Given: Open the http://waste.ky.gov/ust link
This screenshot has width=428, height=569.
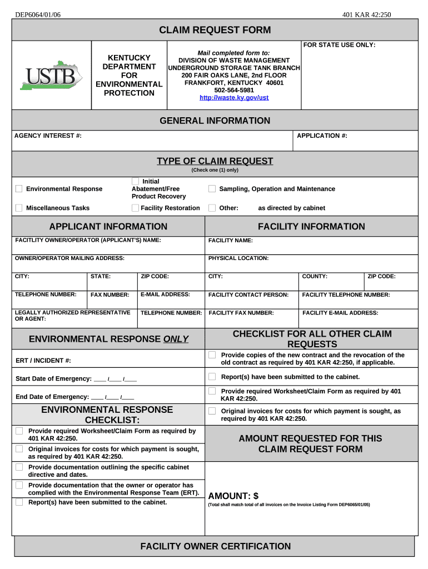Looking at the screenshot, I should (234, 98).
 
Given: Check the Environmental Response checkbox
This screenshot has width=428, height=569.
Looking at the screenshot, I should (19, 189).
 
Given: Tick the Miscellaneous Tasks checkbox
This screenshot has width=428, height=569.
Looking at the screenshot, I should (19, 208).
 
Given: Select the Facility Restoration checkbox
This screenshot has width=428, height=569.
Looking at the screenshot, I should (135, 208).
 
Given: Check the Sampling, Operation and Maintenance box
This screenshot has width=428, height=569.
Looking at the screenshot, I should (212, 189).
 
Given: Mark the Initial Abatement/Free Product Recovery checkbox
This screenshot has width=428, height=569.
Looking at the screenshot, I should (135, 181).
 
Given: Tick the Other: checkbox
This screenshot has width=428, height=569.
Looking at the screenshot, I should (212, 208).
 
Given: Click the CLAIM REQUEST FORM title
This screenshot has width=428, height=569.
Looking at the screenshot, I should (215, 30).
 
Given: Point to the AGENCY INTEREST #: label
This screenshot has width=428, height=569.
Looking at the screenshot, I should (48, 136).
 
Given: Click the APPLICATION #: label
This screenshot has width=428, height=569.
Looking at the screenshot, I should (322, 136).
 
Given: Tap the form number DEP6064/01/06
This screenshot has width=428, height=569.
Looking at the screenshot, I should (38, 14).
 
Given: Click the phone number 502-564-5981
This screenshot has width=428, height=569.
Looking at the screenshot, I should (234, 90).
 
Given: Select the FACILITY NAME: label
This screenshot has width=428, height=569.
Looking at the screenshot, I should (231, 241).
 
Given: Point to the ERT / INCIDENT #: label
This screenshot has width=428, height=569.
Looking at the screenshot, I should (43, 361).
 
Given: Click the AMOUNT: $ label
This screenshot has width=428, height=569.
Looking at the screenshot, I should (233, 496).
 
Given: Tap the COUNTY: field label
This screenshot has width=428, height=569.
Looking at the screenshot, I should (315, 276).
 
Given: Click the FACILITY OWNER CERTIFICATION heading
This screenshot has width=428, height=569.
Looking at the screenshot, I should (215, 546).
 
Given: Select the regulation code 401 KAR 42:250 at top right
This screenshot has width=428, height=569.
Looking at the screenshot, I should (367, 14).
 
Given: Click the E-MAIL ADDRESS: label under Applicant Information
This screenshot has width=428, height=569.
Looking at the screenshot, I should (165, 295).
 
